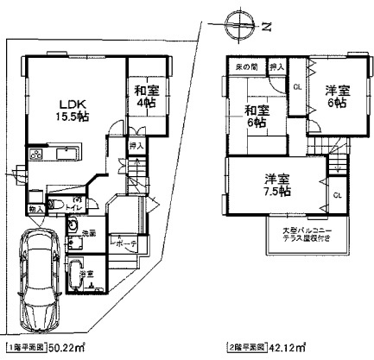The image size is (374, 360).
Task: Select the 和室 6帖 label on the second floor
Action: (x=257, y=117)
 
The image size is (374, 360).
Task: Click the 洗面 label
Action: (x=88, y=234)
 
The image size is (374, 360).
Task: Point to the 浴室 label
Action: (x=87, y=274)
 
